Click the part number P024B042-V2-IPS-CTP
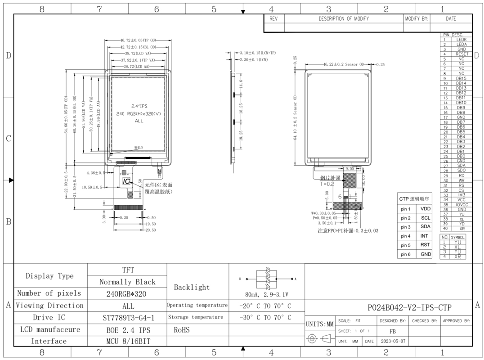tap(409, 308)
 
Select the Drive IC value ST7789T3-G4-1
tap(128, 318)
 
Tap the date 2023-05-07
tap(393, 341)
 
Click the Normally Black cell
tap(127, 282)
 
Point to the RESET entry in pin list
tap(461, 54)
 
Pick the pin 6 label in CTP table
tap(406, 254)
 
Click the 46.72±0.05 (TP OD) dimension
tap(137, 40)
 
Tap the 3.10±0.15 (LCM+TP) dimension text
tap(257, 53)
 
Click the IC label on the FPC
tap(126, 181)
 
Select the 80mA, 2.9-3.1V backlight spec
tap(267, 295)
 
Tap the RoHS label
tap(182, 330)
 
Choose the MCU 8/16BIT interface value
tap(128, 342)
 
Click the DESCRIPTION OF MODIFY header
tap(344, 19)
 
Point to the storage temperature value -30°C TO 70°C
tap(265, 318)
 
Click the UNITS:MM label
tap(320, 324)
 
